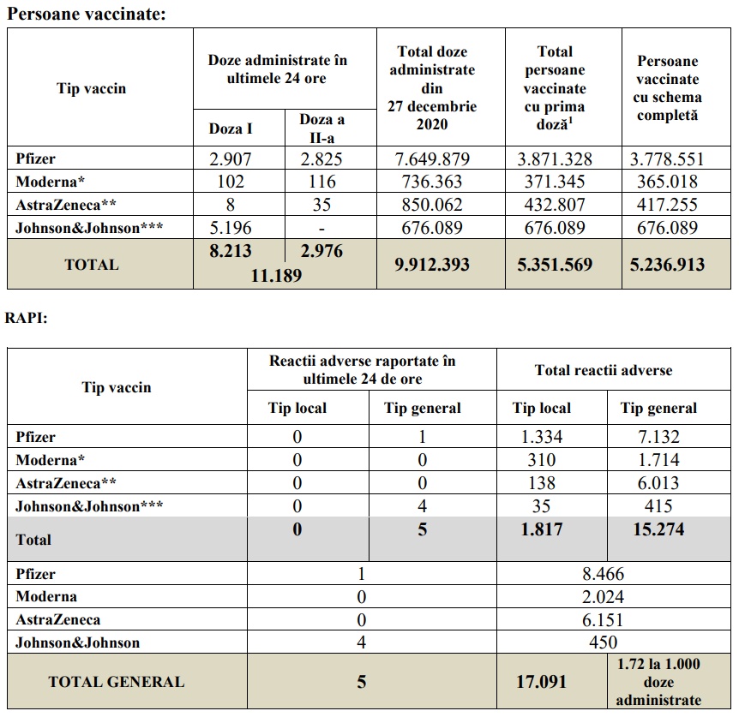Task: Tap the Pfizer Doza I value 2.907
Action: pyautogui.click(x=231, y=158)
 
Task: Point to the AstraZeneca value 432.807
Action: pyautogui.click(x=562, y=205)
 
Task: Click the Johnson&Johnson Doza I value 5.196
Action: pyautogui.click(x=231, y=227)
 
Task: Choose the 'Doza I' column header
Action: pyautogui.click(x=231, y=129)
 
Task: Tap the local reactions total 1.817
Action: pyautogui.click(x=542, y=529)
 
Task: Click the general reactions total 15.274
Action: pyautogui.click(x=658, y=529)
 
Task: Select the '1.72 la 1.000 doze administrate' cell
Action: pyautogui.click(x=658, y=682)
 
